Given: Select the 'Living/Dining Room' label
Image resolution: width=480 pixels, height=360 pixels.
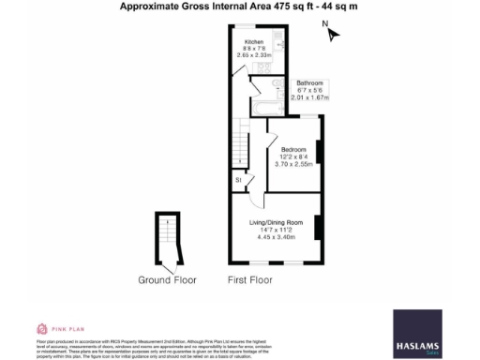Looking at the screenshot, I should coord(275,221).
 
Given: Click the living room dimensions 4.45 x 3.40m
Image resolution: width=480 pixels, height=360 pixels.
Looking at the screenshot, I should coord(275,236).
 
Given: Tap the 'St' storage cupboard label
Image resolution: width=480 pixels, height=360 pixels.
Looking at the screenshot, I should coord(239,179).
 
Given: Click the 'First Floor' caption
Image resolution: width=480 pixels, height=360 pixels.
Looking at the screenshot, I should coord(250,279).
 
